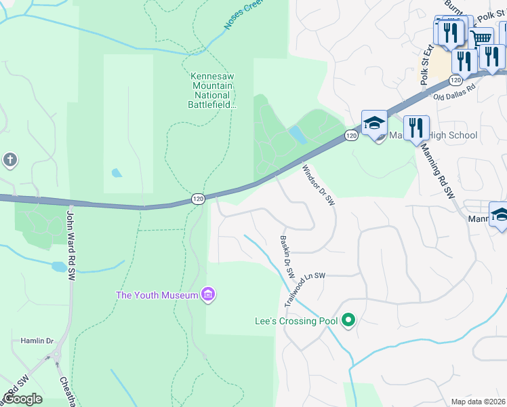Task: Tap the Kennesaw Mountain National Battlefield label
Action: click(x=211, y=91)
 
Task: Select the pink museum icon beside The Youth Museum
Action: click(x=208, y=294)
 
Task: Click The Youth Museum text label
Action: click(x=157, y=295)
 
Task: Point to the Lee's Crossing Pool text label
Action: click(x=296, y=320)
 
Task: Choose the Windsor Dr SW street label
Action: click(x=319, y=185)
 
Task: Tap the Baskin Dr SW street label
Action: click(x=287, y=257)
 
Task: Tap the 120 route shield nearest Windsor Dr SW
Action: click(x=350, y=136)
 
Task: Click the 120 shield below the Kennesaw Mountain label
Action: click(x=197, y=199)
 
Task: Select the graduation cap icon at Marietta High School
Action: click(x=373, y=123)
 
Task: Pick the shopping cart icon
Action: click(x=481, y=38)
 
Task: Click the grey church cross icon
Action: click(x=9, y=161)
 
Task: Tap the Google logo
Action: click(x=22, y=399)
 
